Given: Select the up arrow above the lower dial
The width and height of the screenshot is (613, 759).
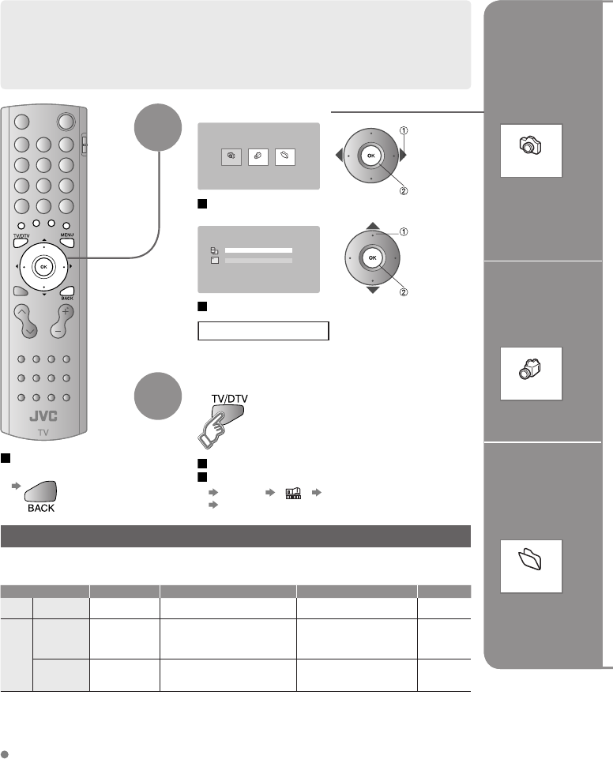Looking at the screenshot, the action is pyautogui.click(x=371, y=224).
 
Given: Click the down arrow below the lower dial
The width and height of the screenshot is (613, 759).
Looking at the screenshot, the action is pyautogui.click(x=371, y=290).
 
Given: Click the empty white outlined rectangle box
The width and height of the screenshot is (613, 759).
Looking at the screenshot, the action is pyautogui.click(x=263, y=330).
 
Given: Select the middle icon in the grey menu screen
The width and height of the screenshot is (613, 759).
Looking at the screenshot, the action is pyautogui.click(x=258, y=158).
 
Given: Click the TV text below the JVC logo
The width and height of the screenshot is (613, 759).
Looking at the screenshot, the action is pyautogui.click(x=43, y=432).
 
